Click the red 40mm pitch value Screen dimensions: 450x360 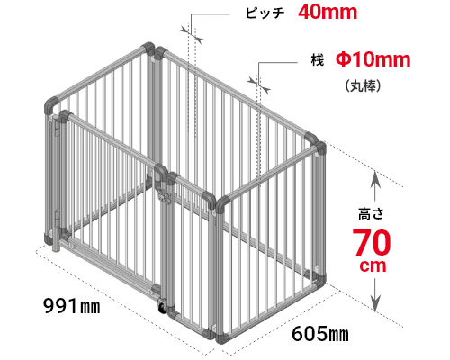[328, 12]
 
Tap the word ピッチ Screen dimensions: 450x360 [265, 13]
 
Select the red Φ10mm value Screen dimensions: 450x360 [373, 59]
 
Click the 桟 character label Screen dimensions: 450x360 [318, 59]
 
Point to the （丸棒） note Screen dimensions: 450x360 [363, 86]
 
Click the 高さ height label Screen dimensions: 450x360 [371, 214]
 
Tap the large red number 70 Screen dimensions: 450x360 [372, 242]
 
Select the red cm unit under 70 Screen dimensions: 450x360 [373, 265]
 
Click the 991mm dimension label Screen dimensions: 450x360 [72, 306]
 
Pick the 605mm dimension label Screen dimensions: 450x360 [320, 333]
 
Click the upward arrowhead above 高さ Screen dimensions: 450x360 [375, 179]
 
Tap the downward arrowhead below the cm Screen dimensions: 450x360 [375, 303]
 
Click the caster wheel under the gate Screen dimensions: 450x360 [162, 309]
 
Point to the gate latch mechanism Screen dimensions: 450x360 [164, 197]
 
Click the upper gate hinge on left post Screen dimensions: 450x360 [58, 127]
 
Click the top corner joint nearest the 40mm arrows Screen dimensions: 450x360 [160, 53]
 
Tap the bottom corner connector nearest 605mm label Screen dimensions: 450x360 [222, 337]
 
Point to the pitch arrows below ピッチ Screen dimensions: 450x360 [192, 34]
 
